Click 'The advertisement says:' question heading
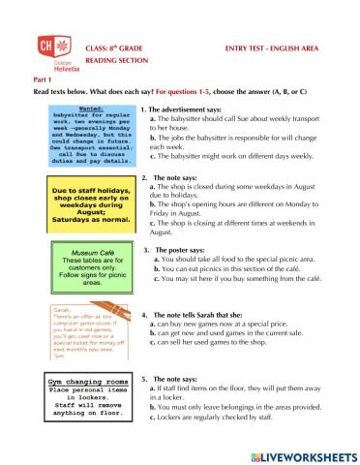pyautogui.click(x=188, y=109)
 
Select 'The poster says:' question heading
pyautogui.click(x=182, y=250)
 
